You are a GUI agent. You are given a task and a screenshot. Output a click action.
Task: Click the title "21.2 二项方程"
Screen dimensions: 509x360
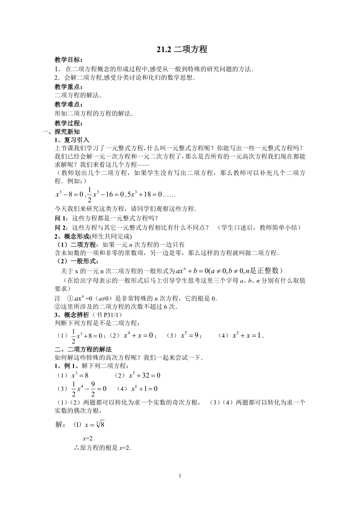(180, 49)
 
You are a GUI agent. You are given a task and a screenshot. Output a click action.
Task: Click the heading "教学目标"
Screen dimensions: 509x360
(69, 60)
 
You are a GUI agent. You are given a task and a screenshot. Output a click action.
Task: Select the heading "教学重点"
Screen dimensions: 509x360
(69, 86)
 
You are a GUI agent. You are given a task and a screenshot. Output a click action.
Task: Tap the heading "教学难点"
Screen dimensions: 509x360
(69, 105)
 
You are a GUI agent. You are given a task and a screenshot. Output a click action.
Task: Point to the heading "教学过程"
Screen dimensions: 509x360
(69, 124)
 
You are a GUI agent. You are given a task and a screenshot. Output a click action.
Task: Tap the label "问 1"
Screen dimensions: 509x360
(60, 218)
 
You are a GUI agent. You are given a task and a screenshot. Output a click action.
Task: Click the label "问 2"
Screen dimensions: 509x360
(60, 227)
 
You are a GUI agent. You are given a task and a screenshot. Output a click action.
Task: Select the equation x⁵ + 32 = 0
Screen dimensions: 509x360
(145, 375)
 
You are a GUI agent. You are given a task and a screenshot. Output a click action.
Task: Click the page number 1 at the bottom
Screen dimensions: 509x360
(180, 476)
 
